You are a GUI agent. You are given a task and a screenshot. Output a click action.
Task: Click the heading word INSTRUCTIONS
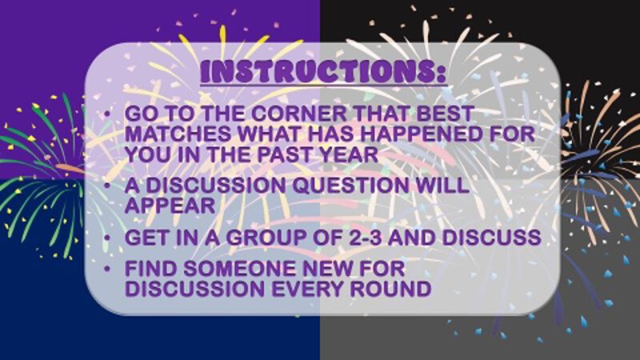tap(323, 71)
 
